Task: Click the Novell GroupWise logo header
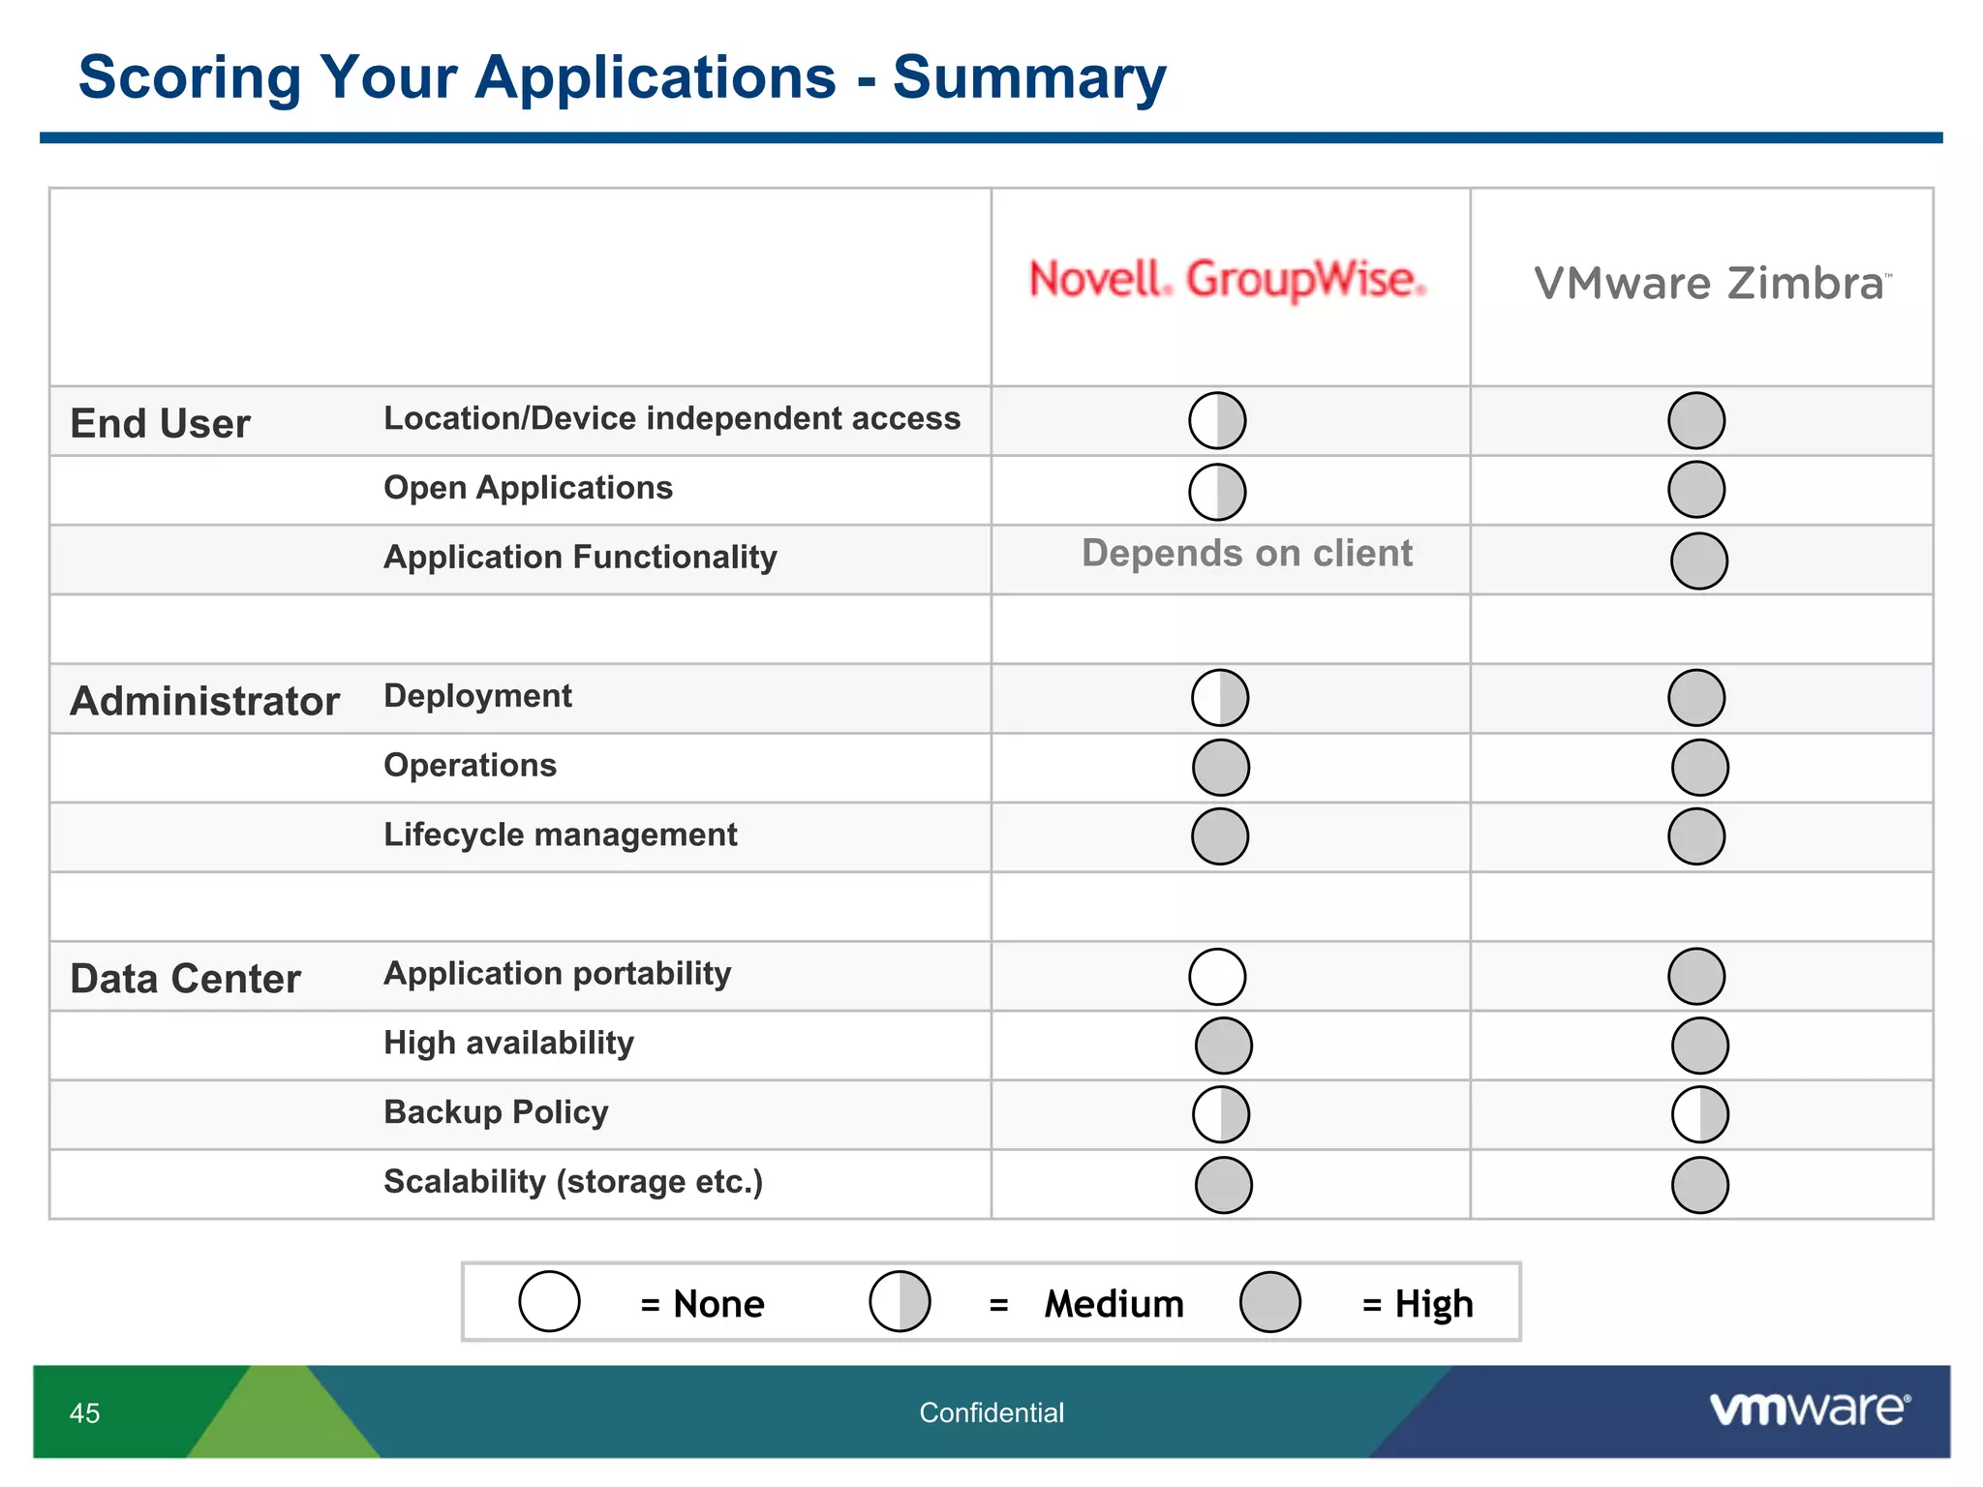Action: (x=1227, y=280)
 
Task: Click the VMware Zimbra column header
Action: (x=1711, y=285)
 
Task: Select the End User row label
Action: (x=160, y=424)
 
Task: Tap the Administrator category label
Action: (x=204, y=701)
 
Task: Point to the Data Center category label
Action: (x=185, y=979)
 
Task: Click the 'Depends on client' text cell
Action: (x=1246, y=554)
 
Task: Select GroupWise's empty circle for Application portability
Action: (x=1217, y=976)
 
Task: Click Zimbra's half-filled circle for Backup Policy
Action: (x=1699, y=1114)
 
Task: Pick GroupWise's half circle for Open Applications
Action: (x=1217, y=492)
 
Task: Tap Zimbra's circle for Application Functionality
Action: (x=1698, y=561)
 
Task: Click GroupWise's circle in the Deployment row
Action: (x=1219, y=698)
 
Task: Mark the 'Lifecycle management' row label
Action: (x=560, y=835)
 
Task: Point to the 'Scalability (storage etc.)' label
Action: (x=573, y=1181)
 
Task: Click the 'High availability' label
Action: (x=508, y=1043)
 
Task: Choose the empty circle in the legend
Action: (x=549, y=1302)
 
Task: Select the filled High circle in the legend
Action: (x=1269, y=1302)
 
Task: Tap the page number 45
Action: (x=84, y=1413)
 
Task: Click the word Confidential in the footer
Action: (x=991, y=1413)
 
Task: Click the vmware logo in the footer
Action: (x=1809, y=1410)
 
